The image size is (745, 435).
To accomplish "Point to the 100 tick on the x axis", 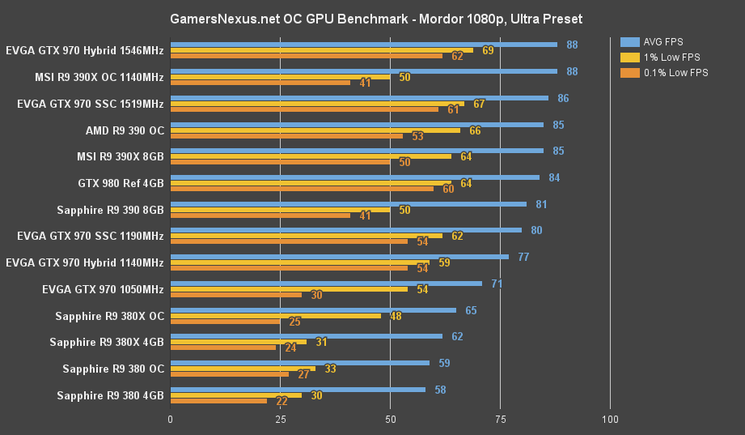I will (611, 420).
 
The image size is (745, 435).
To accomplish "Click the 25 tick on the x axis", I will (280, 420).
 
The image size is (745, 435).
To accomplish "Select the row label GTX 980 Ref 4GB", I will (121, 183).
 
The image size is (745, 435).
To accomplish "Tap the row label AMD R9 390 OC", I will (125, 130).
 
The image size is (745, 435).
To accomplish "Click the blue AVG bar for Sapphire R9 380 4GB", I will (298, 390).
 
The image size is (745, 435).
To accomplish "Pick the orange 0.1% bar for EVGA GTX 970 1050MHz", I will (236, 295).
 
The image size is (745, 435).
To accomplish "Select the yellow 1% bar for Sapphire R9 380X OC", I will (276, 315).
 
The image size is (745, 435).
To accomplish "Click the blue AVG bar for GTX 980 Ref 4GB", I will (355, 177).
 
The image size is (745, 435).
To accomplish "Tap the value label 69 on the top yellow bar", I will (488, 50).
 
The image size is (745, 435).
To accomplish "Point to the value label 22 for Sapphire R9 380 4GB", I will (282, 401).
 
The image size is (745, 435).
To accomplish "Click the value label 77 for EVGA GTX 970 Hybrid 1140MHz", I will (523, 257).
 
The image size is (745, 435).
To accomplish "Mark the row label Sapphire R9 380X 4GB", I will (107, 342).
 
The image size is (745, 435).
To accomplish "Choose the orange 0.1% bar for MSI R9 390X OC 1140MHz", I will (260, 83).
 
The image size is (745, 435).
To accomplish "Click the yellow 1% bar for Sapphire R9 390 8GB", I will (280, 210).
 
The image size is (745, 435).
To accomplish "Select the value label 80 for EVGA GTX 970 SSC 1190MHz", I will (536, 230).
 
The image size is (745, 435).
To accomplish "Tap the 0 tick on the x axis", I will (170, 420).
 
